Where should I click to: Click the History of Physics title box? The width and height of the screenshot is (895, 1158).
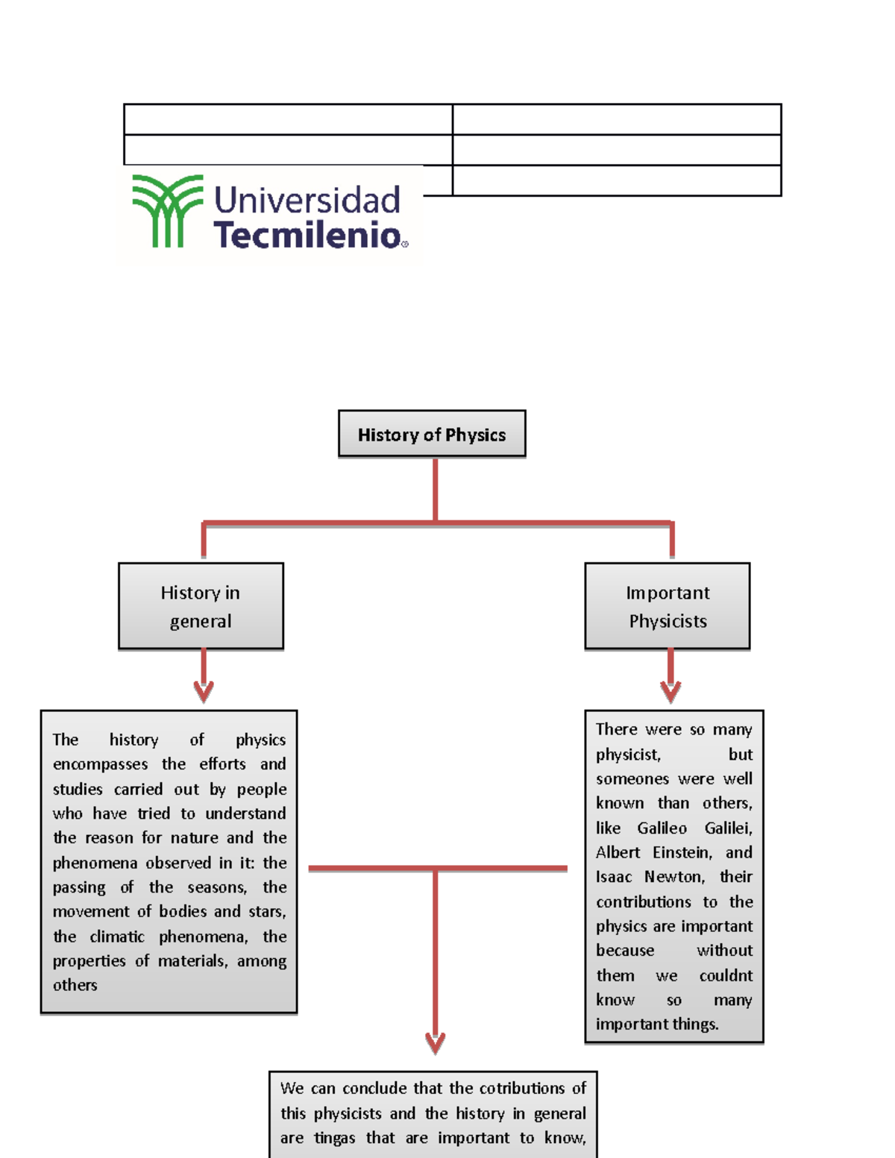point(432,434)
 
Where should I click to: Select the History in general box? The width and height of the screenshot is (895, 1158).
point(201,606)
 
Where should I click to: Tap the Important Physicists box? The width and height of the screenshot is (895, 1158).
point(668,606)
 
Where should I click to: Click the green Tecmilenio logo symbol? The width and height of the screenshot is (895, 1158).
point(168,211)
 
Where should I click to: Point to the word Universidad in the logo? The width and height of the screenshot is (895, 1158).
point(307,200)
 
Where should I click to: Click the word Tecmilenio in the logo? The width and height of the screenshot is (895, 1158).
point(307,234)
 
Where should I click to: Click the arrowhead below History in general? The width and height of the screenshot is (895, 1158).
point(204,692)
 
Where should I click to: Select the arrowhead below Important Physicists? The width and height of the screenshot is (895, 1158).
point(671,692)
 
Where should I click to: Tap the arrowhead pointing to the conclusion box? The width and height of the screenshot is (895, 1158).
point(436,1043)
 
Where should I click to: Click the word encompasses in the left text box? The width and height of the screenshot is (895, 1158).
point(100,765)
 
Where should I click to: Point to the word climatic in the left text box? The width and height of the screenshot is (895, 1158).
point(117,937)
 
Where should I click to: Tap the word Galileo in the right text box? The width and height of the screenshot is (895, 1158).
point(662,828)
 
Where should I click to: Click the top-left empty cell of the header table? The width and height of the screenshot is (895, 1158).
point(288,119)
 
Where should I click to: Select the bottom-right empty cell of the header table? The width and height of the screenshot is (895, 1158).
point(617,180)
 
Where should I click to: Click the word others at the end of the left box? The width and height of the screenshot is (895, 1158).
point(75,985)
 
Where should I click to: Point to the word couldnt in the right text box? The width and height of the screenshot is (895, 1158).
point(726,976)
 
